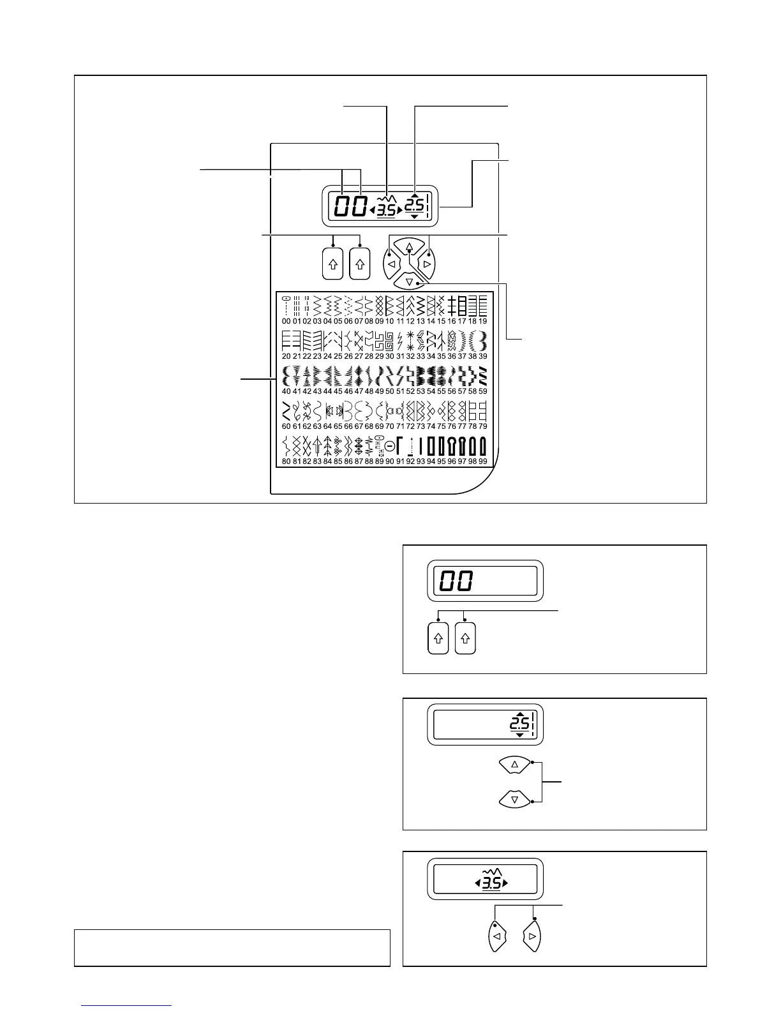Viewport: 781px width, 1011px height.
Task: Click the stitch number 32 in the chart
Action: tap(410, 356)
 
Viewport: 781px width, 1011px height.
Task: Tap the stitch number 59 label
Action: tap(483, 391)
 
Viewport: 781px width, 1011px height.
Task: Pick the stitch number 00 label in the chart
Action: tap(286, 321)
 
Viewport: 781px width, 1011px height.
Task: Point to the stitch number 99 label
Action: tap(483, 461)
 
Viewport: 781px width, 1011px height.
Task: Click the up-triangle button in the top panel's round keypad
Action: tap(410, 246)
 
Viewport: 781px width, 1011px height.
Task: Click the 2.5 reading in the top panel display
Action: tap(415, 206)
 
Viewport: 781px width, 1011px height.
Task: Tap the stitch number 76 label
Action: tap(452, 426)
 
